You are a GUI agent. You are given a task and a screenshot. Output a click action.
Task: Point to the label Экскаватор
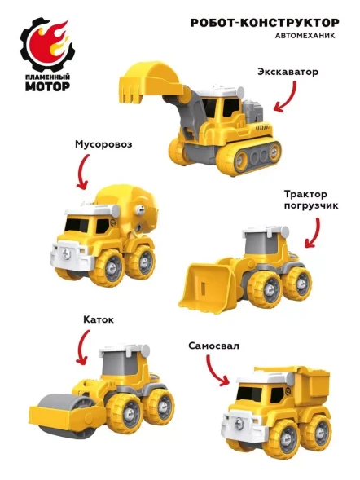[288, 72]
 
